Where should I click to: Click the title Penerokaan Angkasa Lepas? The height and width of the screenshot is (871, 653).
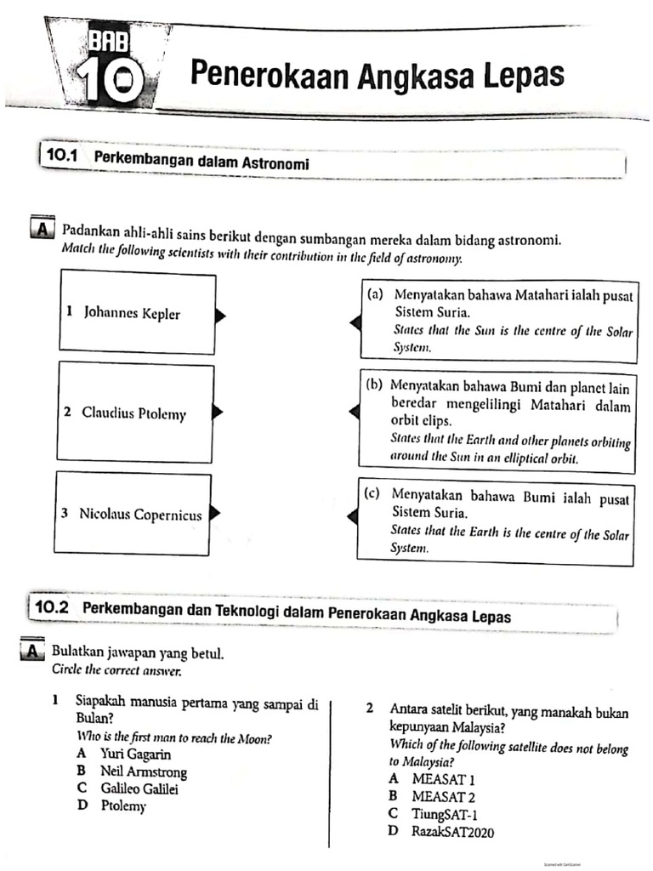pos(377,75)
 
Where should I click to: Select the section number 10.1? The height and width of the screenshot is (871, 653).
pos(63,157)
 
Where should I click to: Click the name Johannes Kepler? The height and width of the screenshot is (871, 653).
pos(132,314)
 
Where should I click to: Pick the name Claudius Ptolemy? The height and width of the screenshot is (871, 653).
pos(133,413)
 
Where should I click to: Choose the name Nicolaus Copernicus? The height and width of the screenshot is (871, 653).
pos(140,514)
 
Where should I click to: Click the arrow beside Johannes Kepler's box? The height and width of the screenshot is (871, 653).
pos(219,316)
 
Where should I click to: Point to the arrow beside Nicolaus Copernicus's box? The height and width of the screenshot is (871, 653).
pos(215,513)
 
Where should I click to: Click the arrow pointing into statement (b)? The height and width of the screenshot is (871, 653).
pos(355,412)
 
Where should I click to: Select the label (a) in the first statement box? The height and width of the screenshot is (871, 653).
pos(375,294)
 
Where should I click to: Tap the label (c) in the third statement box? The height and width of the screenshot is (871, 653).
pos(372,493)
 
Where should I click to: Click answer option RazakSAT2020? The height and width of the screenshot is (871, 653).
pos(452,831)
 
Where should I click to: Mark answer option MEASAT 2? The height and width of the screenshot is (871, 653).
pos(443,796)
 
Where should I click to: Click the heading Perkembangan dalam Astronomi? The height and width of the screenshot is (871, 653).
pos(201,160)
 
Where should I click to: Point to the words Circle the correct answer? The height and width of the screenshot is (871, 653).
pos(116,669)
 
